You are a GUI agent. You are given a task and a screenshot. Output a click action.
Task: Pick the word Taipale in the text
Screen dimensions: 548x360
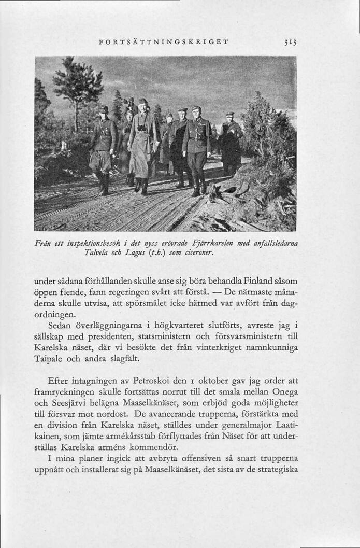[50, 359]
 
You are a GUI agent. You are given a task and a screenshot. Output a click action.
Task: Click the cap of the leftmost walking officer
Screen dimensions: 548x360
[104, 109]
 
